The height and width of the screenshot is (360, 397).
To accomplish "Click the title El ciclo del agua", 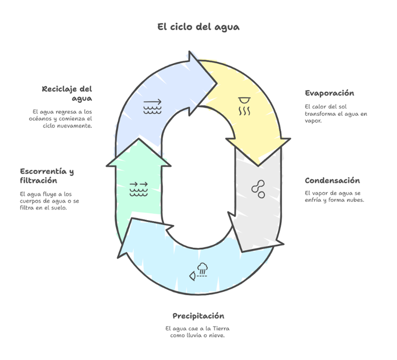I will [198, 27].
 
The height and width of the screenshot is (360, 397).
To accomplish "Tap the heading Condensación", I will [332, 180].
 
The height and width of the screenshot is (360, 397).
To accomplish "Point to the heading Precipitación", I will [198, 315].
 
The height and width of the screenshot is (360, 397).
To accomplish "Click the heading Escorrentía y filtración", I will [47, 176].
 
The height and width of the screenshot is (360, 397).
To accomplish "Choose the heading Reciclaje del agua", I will [67, 93].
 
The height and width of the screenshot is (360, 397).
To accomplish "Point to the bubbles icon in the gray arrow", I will [258, 189].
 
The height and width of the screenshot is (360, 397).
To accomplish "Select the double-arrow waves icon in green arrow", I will [139, 189].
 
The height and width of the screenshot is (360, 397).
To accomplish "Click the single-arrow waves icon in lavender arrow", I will [152, 107].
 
